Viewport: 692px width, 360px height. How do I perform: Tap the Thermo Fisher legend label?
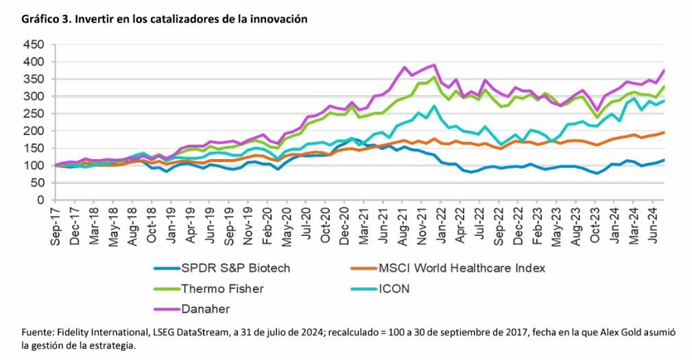tap(222, 289)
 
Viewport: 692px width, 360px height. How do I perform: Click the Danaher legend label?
tap(206, 309)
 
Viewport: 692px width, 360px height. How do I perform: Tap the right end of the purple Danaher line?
tap(665, 71)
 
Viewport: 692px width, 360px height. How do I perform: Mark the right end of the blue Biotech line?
tap(665, 160)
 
